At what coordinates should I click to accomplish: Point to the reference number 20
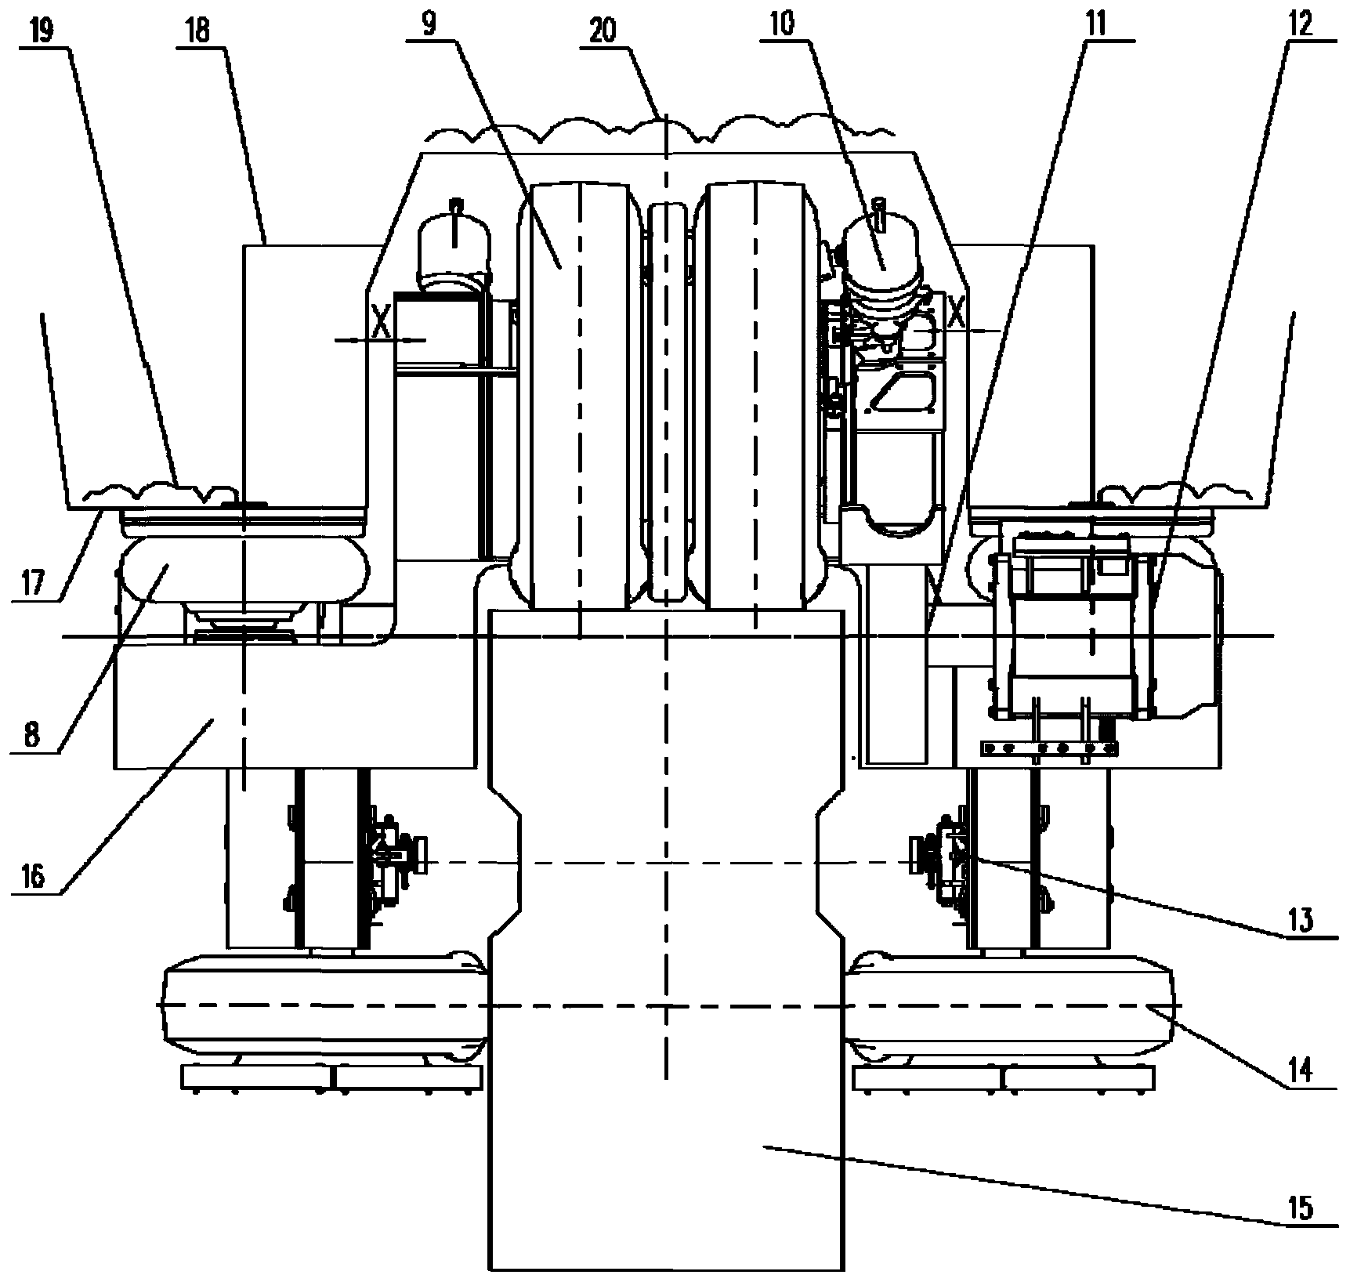pyautogui.click(x=604, y=30)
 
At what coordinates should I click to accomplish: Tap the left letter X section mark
pyautogui.click(x=381, y=322)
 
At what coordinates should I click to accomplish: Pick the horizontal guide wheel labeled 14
pyautogui.click(x=1011, y=1005)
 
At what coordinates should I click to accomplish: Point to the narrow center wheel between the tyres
pyautogui.click(x=665, y=400)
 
